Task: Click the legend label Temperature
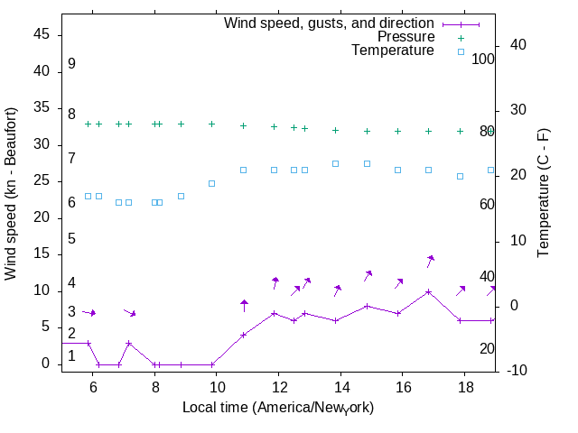[393, 51]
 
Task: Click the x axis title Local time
[278, 408]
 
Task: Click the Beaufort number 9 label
[71, 64]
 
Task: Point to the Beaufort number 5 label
[71, 239]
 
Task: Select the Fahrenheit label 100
[483, 60]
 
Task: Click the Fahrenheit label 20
[487, 349]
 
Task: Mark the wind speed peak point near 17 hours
[429, 291]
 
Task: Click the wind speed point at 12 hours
[275, 313]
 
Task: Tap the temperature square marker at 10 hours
[212, 183]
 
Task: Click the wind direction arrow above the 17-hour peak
[431, 261]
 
